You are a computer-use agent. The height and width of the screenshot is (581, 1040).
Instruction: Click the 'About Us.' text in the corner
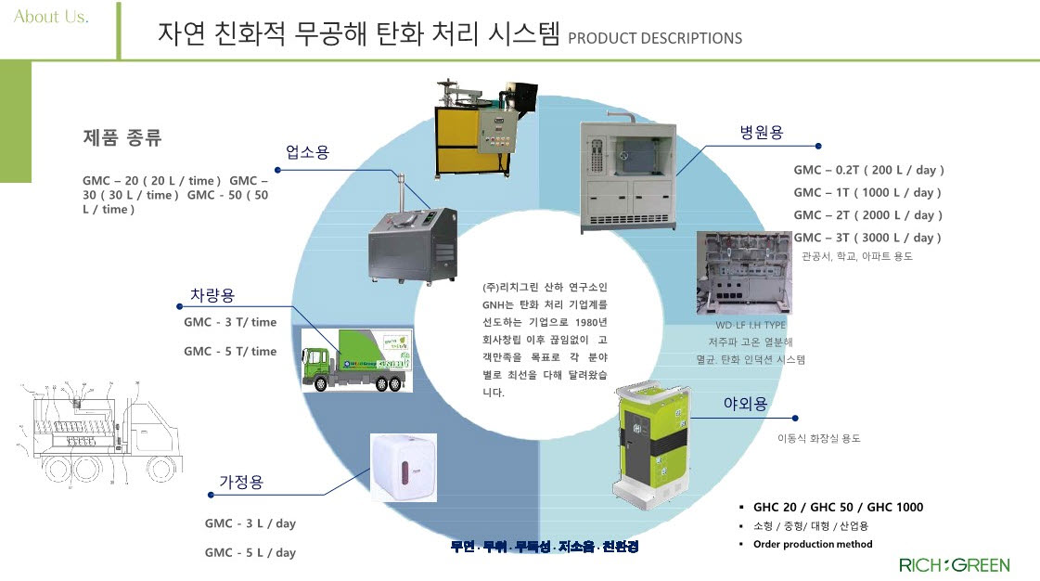[x=51, y=18]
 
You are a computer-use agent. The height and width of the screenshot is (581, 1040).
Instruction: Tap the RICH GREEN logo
[x=954, y=565]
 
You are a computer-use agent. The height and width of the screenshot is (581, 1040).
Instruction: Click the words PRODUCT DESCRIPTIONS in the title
[x=654, y=38]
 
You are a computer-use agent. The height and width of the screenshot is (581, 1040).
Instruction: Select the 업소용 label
[x=307, y=152]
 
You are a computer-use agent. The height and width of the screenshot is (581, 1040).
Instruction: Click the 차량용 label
[x=212, y=295]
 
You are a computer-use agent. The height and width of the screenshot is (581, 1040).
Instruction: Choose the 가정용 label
[x=241, y=482]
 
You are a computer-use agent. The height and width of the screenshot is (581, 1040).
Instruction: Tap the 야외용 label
[x=745, y=404]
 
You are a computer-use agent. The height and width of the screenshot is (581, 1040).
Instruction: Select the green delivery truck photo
[x=360, y=359]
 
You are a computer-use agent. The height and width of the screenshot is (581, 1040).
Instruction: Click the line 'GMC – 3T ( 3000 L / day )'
[x=867, y=238]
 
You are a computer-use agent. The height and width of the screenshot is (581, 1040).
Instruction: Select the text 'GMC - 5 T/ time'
[x=230, y=351]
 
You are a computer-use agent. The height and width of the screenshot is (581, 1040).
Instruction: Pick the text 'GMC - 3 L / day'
[x=250, y=523]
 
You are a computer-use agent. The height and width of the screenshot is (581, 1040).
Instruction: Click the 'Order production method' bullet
[x=813, y=544]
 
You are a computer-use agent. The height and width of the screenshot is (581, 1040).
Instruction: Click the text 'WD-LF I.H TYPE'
[x=750, y=326]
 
